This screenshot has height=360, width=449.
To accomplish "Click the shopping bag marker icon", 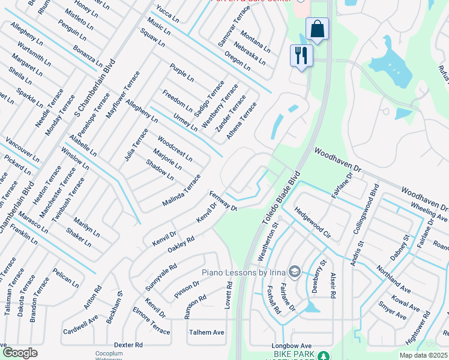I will click(317, 28).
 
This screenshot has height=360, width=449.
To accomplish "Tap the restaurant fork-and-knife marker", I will click(301, 55).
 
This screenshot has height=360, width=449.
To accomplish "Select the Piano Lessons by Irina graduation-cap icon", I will click(294, 272).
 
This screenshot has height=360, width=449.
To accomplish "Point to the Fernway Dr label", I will click(224, 200).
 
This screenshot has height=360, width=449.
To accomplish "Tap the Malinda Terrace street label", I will click(181, 191).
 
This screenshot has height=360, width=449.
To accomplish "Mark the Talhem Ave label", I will click(206, 332).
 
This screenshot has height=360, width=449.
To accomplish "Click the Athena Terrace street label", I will click(241, 121).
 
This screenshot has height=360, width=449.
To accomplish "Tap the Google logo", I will click(20, 352).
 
